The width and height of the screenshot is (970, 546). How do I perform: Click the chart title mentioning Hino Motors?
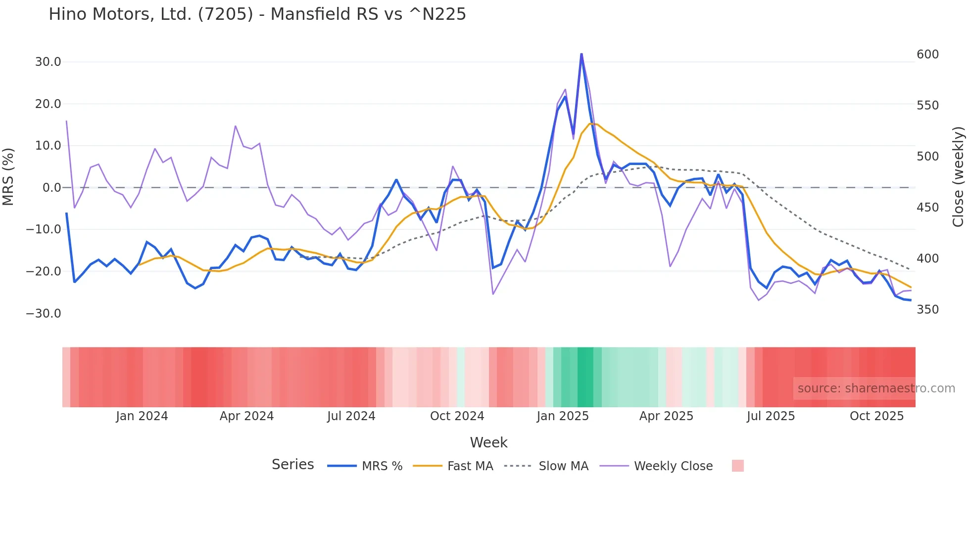[257, 14]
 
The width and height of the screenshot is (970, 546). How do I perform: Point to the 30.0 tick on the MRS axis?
[48, 62]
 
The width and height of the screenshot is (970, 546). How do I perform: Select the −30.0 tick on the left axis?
[44, 314]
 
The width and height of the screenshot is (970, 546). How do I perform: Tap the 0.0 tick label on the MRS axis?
[51, 188]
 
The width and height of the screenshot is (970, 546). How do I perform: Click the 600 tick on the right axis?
[927, 55]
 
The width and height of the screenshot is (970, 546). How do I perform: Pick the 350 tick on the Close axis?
[927, 310]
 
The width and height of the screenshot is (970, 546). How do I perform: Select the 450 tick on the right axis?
[927, 208]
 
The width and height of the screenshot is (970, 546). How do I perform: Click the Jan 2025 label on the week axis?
[563, 416]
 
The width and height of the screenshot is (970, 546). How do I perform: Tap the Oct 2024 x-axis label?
[457, 416]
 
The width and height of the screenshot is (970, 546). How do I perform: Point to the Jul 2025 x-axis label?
[771, 416]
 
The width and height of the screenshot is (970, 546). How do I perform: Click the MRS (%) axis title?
[8, 177]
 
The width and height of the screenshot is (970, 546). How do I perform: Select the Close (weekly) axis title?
[959, 177]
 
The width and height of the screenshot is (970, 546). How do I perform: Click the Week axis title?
[488, 442]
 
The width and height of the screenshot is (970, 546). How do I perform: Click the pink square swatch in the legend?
[737, 466]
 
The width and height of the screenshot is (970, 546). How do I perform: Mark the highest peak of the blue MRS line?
[582, 54]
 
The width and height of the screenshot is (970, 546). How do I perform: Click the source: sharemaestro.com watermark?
[876, 388]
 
